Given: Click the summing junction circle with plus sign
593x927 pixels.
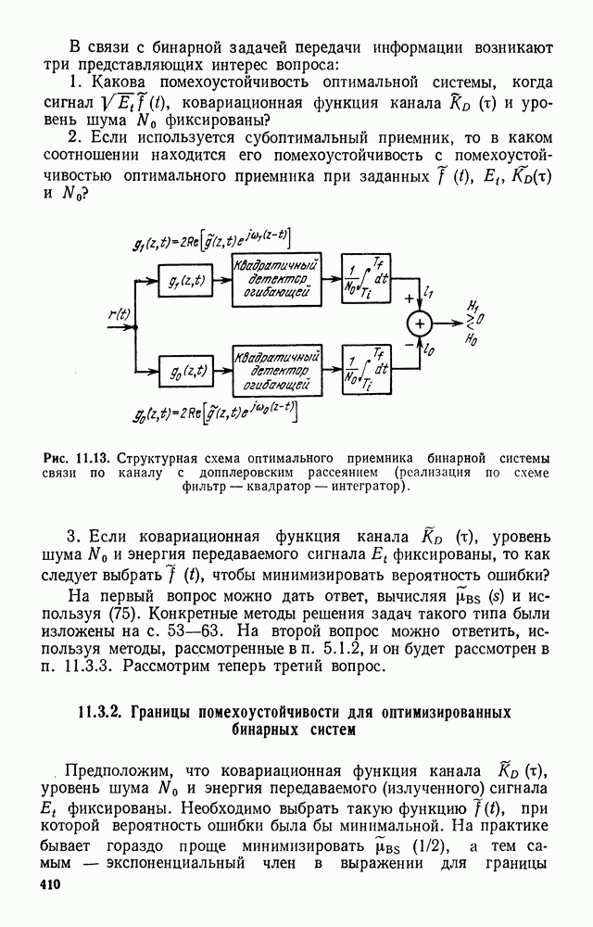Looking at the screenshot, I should [420, 323].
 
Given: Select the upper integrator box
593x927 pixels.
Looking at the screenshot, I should [369, 278].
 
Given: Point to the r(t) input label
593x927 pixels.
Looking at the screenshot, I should [118, 314].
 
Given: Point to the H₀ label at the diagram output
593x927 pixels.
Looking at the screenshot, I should [474, 341].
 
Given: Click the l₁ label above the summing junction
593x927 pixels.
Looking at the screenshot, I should [429, 292].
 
